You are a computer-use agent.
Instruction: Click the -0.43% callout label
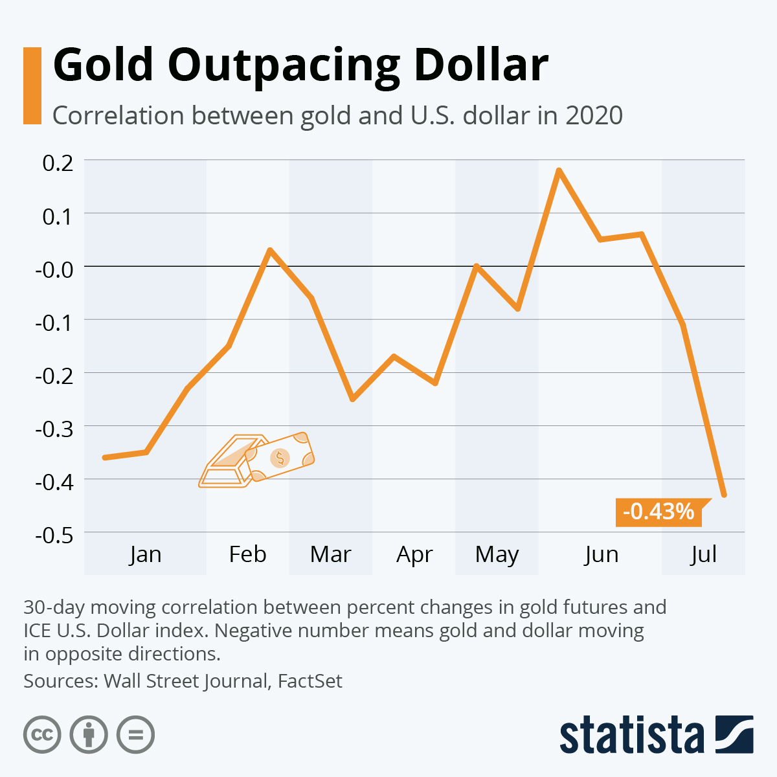coord(658,512)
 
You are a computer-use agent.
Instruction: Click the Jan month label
coord(145,554)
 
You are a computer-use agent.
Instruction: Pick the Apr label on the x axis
coord(414,554)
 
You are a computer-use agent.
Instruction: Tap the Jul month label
coord(703,554)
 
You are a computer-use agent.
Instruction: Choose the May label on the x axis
coord(497,554)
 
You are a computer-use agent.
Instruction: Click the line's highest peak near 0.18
coord(559,170)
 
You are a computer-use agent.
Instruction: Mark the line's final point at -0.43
coord(724,495)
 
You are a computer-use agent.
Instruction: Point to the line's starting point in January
coord(105,458)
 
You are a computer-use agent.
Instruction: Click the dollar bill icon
coord(280,457)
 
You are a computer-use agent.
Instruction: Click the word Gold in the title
coord(104,65)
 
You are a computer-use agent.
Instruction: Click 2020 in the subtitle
coord(594,116)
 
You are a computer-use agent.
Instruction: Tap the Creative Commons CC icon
coord(43,735)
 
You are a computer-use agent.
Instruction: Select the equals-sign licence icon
coord(136,735)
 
